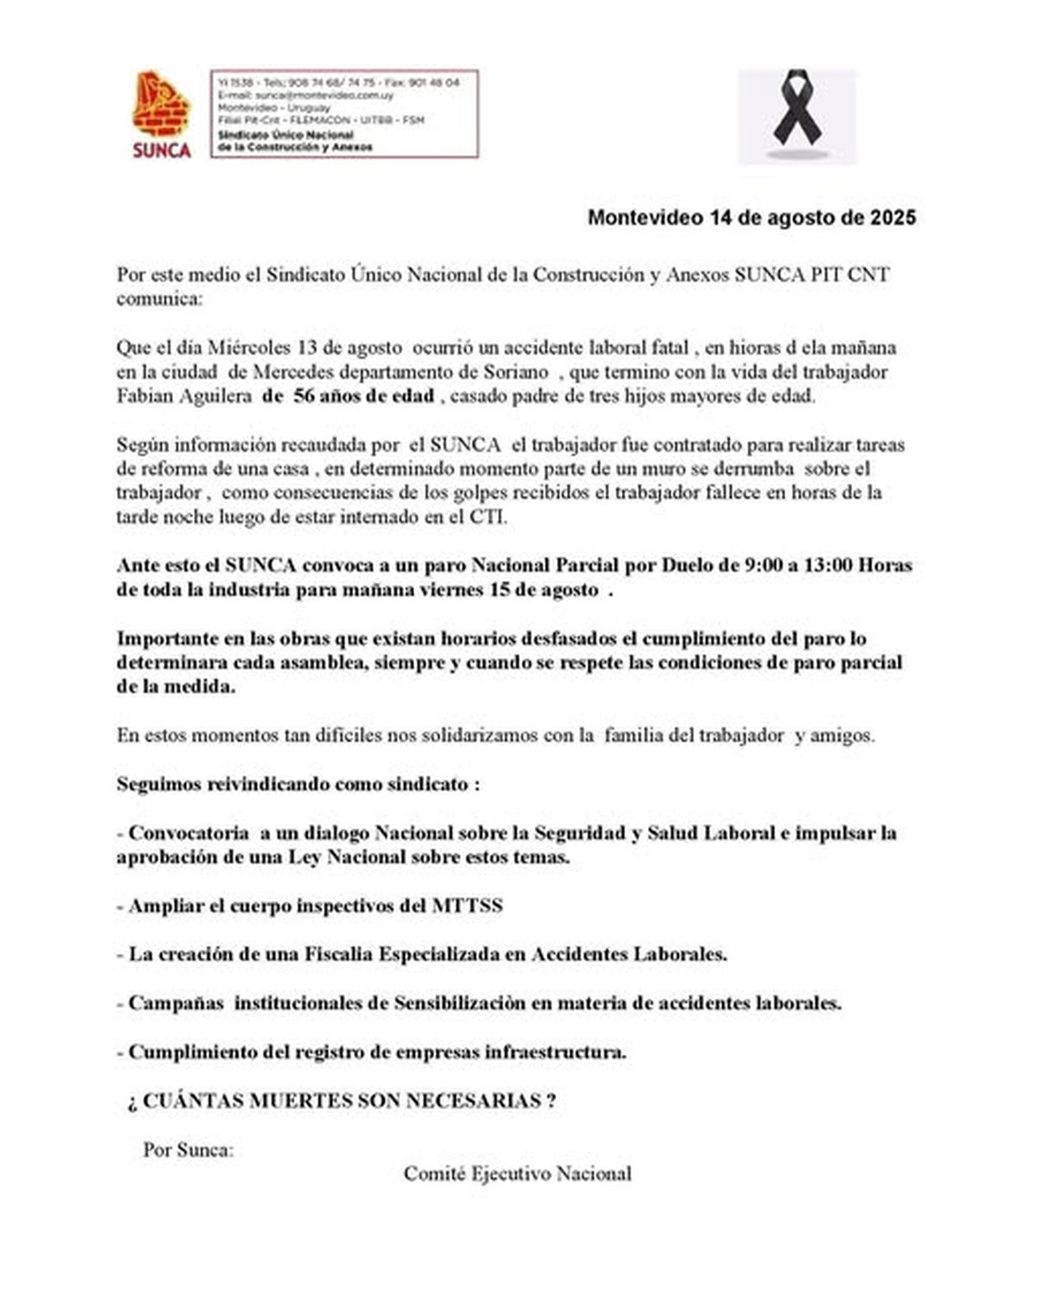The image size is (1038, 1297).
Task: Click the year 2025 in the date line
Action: pyautogui.click(x=893, y=217)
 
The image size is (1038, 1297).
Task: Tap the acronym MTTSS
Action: pyautogui.click(x=467, y=906)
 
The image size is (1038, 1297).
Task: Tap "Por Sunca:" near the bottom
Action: pyautogui.click(x=188, y=1150)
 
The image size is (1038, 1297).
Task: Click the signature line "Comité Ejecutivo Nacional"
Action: pyautogui.click(x=517, y=1173)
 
